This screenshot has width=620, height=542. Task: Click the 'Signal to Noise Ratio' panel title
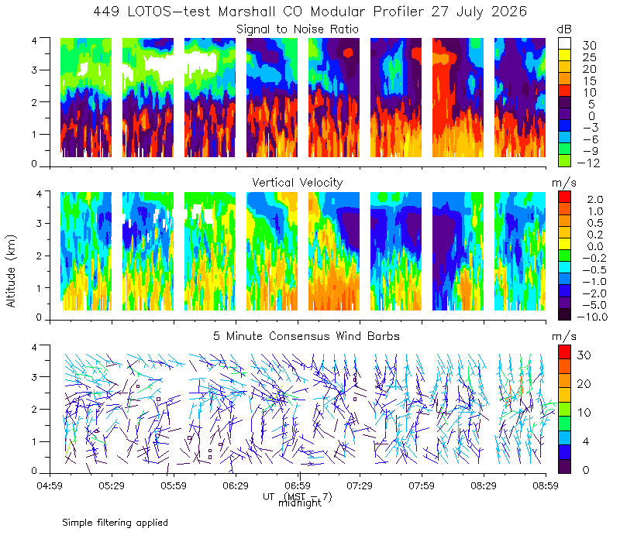[298, 29]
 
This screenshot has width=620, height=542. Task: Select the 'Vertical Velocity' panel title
[298, 183]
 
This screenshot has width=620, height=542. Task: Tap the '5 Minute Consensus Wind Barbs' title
[306, 336]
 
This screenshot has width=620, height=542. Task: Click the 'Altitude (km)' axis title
[11, 271]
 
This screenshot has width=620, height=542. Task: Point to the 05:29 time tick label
[112, 485]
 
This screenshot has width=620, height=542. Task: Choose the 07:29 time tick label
[360, 485]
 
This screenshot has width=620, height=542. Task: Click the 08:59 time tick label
[546, 485]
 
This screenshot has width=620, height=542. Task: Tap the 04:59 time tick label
[50, 485]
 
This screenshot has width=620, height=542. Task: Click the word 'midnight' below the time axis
[300, 503]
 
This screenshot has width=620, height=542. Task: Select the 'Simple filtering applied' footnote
[115, 523]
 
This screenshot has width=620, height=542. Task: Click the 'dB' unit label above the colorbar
[564, 29]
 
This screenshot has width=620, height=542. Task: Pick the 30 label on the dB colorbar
[589, 46]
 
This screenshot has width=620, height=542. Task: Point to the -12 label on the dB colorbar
[588, 163]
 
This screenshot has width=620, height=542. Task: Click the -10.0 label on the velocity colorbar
[592, 317]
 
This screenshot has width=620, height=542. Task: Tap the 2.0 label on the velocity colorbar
[595, 200]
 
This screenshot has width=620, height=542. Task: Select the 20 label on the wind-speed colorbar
[584, 384]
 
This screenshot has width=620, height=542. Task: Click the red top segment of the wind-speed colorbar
[564, 352]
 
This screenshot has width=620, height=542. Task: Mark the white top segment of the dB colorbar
[564, 43]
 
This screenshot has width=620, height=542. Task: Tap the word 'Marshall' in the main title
[246, 12]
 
